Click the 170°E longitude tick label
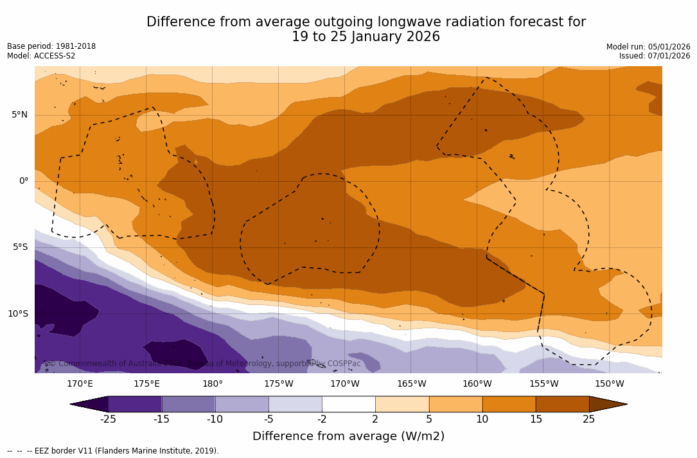(80, 384)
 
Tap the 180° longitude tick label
(213, 384)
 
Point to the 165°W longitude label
(411, 384)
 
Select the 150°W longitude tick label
(609, 384)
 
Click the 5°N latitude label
(19, 115)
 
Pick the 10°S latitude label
(17, 314)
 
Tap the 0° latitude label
(23, 181)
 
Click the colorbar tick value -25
(108, 419)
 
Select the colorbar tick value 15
(535, 419)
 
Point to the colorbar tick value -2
(322, 419)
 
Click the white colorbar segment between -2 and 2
(349, 404)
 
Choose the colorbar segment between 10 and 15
(509, 404)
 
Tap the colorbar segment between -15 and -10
(188, 404)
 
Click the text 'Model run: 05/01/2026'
(648, 47)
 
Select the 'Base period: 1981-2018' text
(51, 46)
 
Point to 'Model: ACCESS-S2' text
(41, 56)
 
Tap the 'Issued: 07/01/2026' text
(655, 56)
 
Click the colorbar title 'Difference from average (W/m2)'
(348, 437)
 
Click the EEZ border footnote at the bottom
(113, 451)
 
